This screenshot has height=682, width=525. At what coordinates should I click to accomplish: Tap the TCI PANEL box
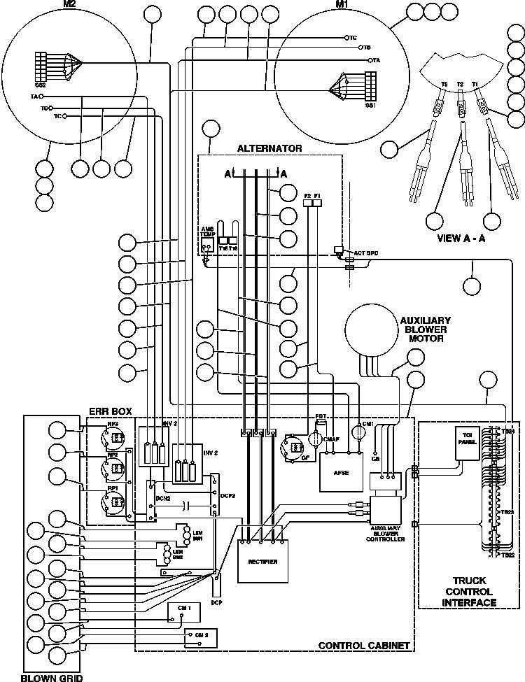point(465,442)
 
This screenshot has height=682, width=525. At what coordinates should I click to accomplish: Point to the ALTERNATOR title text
point(269,148)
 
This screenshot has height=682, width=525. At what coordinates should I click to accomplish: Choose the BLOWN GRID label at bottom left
point(50,676)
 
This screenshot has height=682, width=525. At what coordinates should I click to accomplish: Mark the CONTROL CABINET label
point(363,645)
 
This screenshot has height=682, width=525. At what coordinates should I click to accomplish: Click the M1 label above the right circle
point(342,4)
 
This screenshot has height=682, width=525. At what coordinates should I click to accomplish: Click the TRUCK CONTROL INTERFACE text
point(465,591)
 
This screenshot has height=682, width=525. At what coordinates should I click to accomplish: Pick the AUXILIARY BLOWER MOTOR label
point(425,329)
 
